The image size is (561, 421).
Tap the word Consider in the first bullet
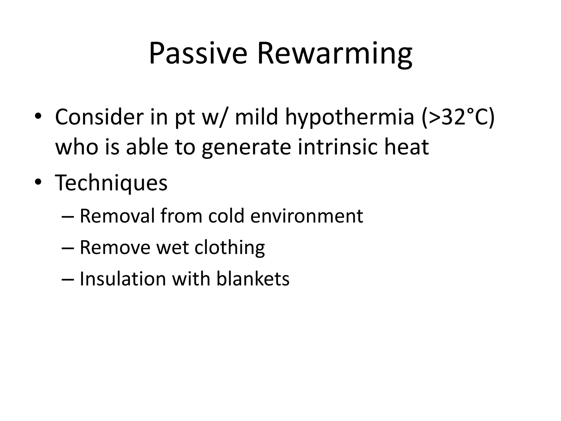click(x=99, y=117)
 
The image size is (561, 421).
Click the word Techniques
click(x=111, y=183)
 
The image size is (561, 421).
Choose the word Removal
click(x=117, y=216)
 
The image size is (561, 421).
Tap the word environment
click(x=307, y=217)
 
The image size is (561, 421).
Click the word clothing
click(x=230, y=248)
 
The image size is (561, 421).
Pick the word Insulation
click(x=123, y=279)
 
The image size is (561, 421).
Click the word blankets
click(x=253, y=279)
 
